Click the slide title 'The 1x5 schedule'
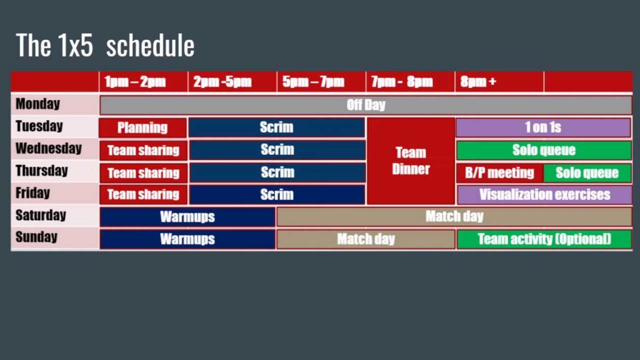105,45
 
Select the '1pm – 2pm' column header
135,82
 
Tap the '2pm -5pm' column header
222,82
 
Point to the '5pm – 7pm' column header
314,82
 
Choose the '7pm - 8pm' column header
402,82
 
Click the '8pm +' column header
478,82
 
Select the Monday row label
38,104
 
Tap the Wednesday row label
49,148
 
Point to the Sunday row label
36,237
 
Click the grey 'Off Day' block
366,105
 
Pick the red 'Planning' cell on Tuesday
143,127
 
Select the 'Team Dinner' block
411,161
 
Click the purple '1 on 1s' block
543,127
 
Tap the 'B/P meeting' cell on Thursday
499,172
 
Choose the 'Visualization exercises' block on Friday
544,195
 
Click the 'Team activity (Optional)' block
544,239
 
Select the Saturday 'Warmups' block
187,217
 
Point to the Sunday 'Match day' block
366,239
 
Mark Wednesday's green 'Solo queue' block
544,150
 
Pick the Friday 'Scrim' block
277,195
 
